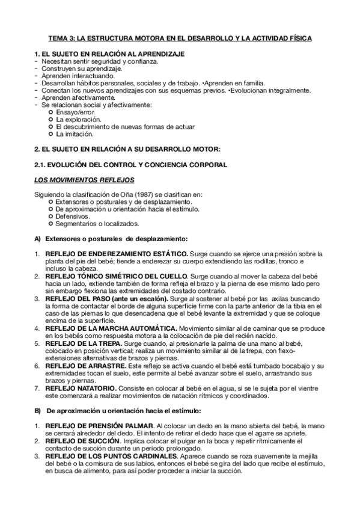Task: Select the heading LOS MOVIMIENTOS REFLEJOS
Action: coord(85,180)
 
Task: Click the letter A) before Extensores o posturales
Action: coord(37,239)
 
